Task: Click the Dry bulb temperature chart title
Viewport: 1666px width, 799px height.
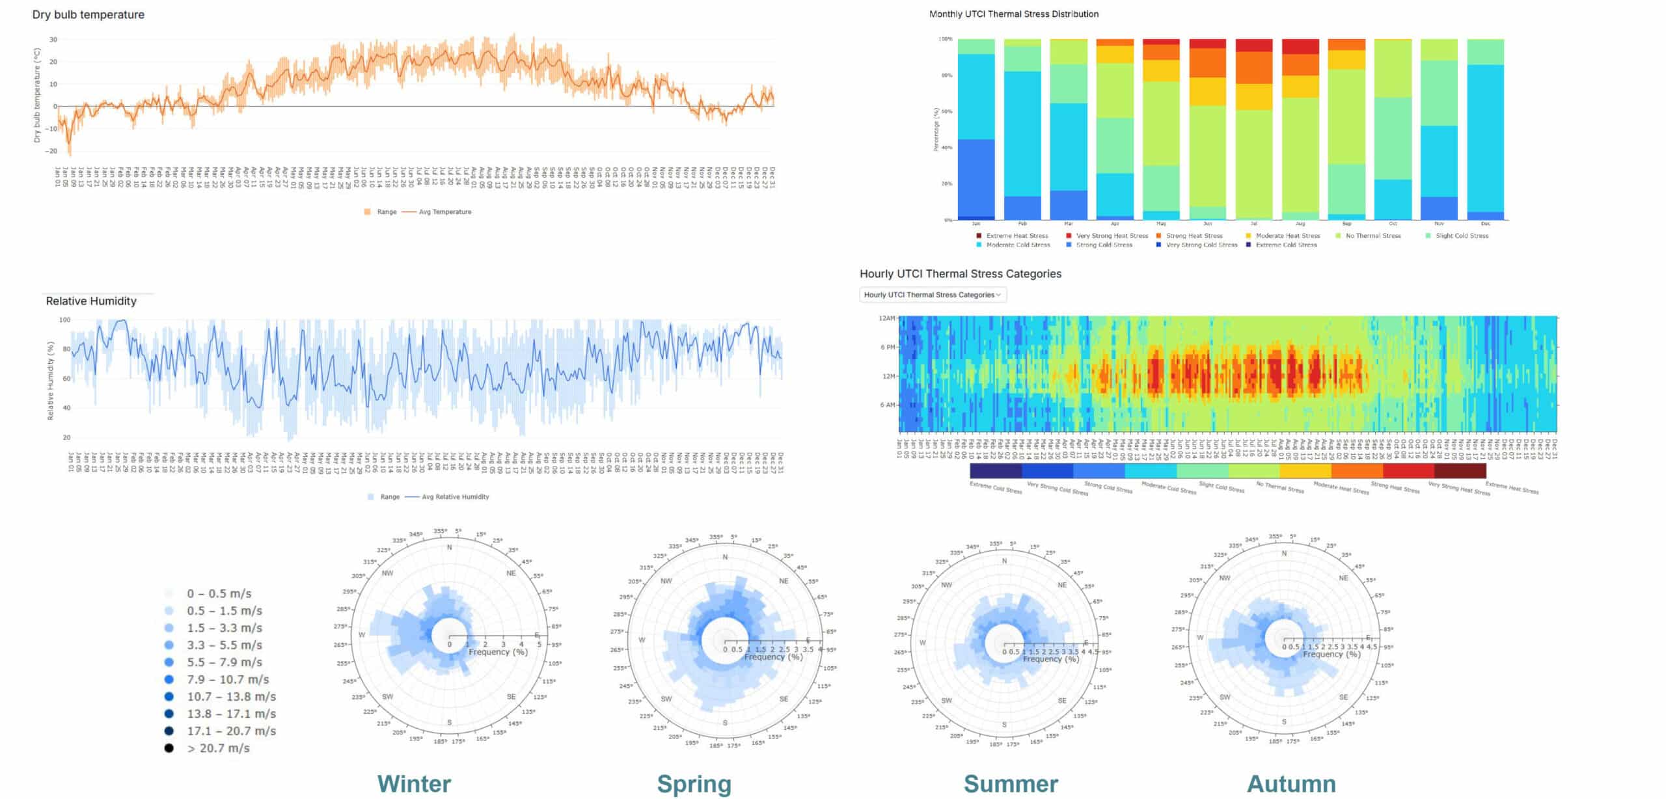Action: tap(89, 14)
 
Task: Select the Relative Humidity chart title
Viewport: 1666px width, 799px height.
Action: tap(91, 301)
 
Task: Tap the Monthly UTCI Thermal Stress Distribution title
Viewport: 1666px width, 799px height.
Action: tap(1013, 14)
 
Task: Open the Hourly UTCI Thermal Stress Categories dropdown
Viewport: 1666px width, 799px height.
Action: tap(933, 295)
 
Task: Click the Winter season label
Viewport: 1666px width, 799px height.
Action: tap(414, 783)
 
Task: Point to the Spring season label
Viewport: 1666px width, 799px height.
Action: tap(694, 783)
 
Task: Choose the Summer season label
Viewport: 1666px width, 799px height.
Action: tap(1011, 783)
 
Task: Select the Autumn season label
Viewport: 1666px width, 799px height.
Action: tap(1291, 783)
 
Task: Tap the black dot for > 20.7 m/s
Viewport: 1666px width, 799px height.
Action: tap(169, 748)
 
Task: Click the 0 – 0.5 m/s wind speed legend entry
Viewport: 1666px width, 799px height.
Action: tap(219, 593)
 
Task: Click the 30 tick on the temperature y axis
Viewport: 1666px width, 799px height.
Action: tap(53, 40)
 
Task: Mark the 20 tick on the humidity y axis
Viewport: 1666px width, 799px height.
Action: tap(66, 437)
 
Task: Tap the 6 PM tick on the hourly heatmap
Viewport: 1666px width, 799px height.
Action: tap(888, 347)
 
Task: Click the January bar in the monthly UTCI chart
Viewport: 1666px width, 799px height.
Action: tap(976, 130)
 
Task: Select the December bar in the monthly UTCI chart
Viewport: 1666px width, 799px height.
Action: tap(1485, 130)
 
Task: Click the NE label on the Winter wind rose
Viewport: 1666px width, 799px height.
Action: tap(511, 573)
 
